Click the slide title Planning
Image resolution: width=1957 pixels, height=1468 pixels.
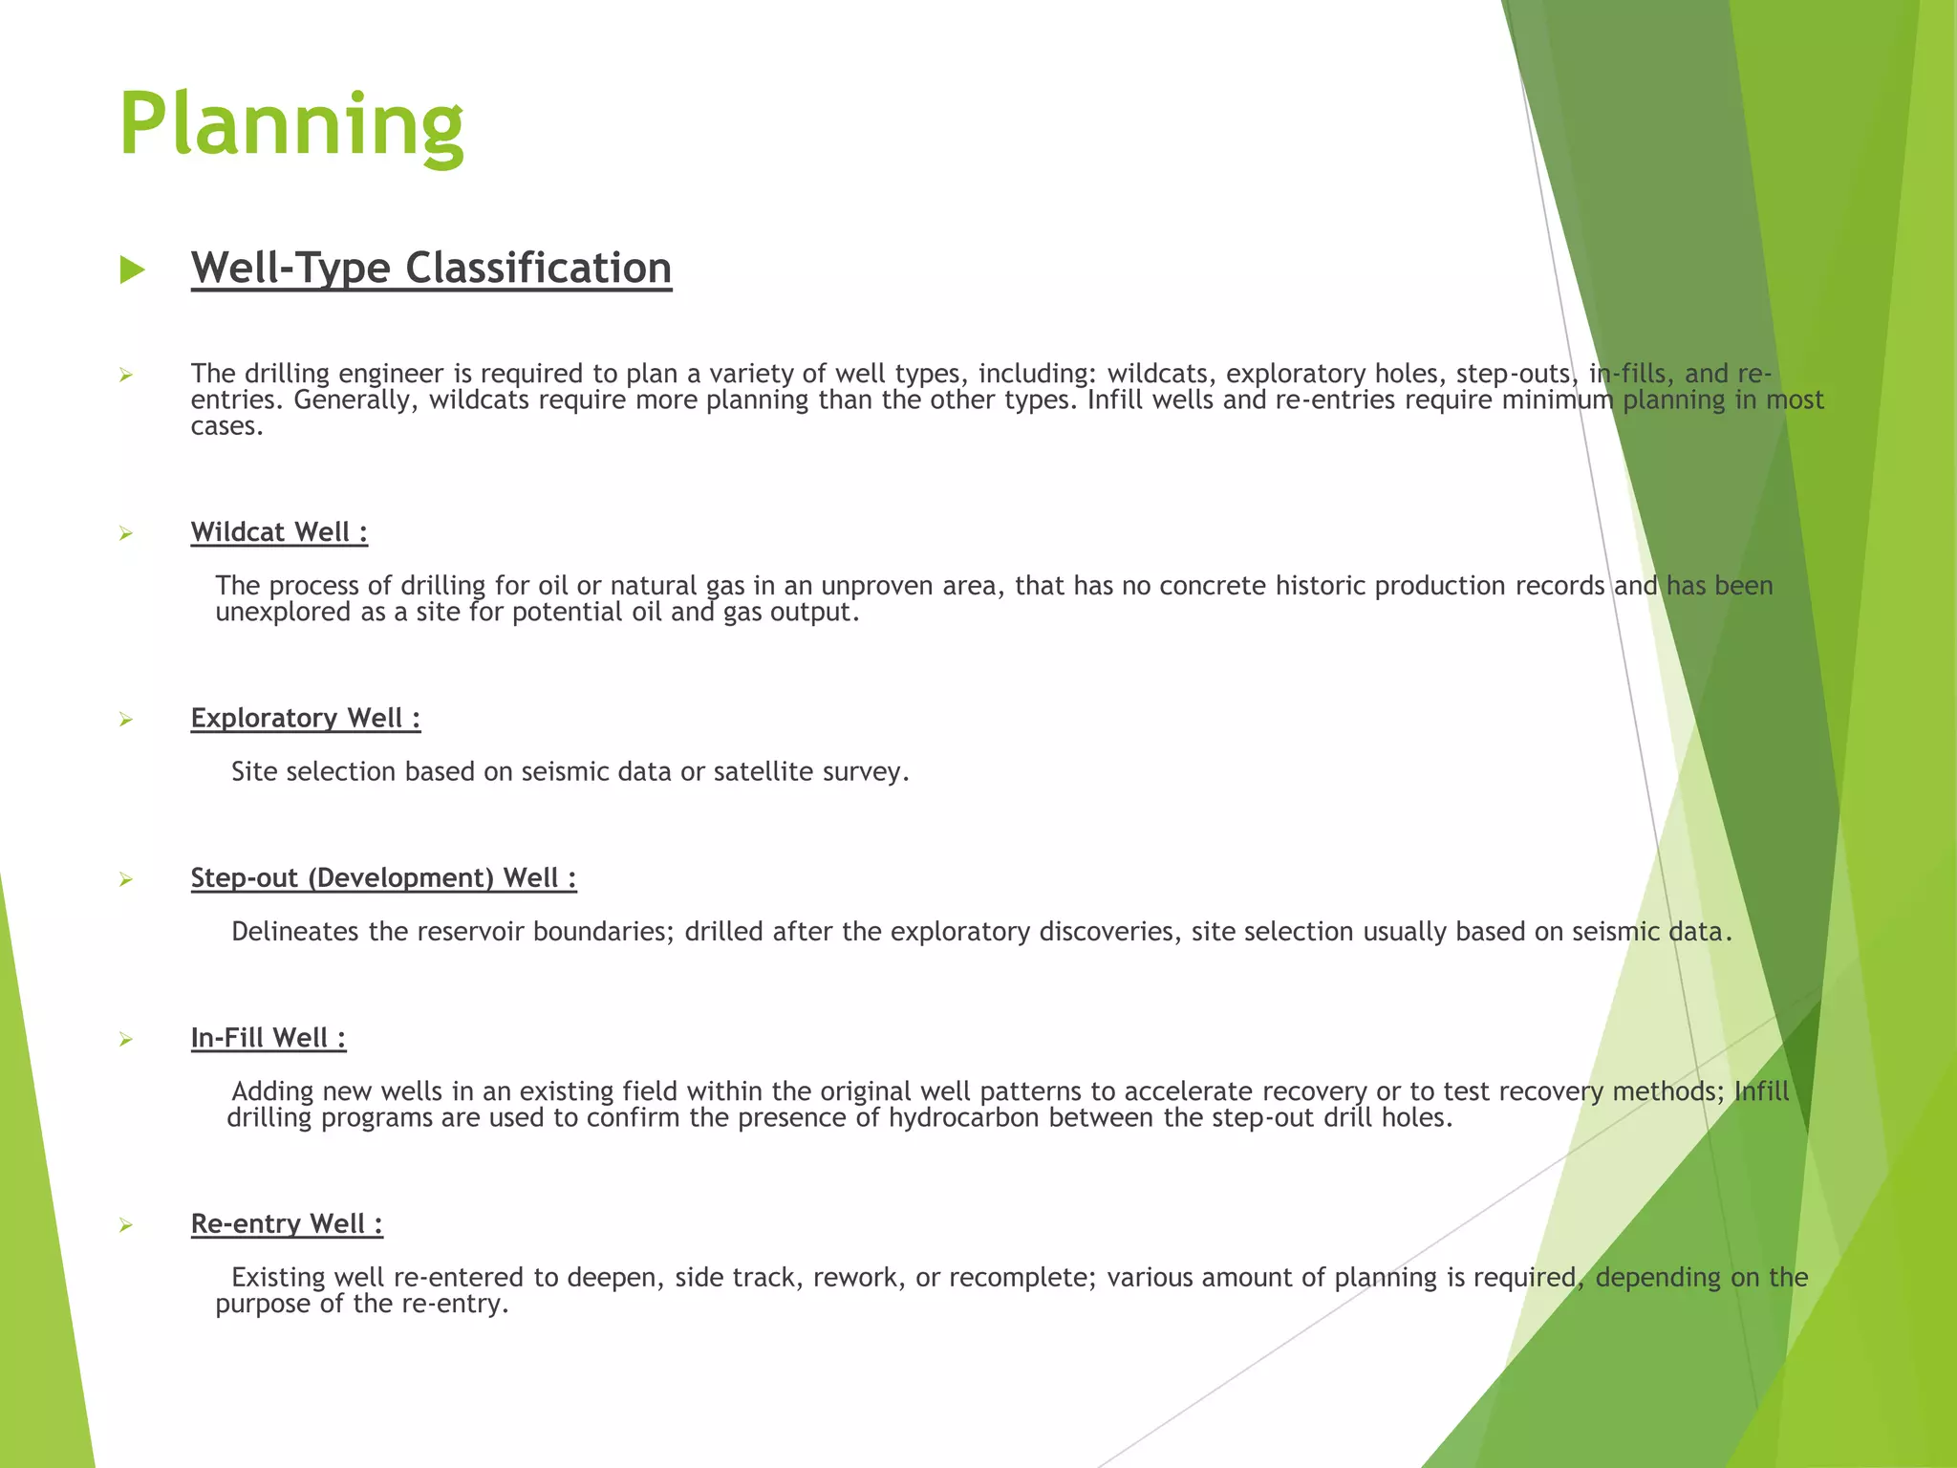(x=290, y=125)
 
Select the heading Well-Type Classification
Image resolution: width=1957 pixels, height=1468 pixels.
(x=431, y=268)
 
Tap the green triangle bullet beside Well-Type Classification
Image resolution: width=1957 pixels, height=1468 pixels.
(x=132, y=270)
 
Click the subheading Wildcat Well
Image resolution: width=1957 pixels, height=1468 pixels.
(x=279, y=532)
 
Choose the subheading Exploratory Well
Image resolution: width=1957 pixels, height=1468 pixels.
(x=305, y=718)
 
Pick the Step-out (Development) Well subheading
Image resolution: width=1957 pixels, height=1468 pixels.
(x=383, y=877)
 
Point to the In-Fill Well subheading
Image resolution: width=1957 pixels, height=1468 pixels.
(x=268, y=1038)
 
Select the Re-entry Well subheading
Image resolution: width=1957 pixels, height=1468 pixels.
(x=287, y=1223)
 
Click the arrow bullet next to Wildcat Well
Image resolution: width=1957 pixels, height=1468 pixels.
(x=125, y=534)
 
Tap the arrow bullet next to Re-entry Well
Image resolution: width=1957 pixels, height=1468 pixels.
(x=125, y=1225)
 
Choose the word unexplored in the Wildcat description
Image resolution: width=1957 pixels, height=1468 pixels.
(x=283, y=612)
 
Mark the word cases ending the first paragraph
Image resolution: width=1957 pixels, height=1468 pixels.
(x=226, y=426)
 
